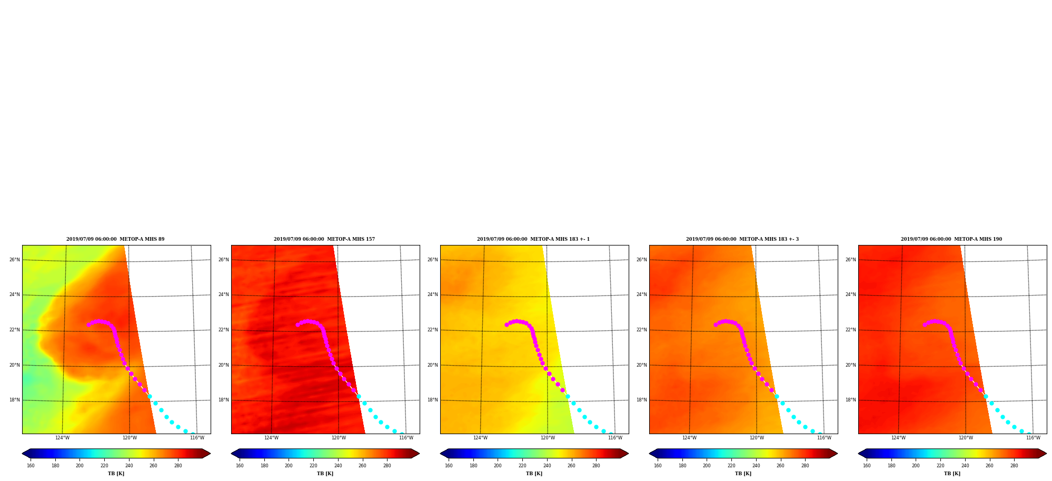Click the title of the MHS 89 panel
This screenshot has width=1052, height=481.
(115, 239)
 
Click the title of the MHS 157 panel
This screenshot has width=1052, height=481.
(324, 239)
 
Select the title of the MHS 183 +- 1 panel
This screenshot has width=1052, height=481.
(533, 239)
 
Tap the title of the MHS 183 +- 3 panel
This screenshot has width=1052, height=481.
(742, 239)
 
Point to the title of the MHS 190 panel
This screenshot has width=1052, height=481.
(951, 239)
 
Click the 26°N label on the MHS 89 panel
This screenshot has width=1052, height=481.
(14, 260)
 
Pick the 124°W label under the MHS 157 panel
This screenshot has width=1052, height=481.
(271, 438)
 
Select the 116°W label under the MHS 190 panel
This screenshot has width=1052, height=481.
(1033, 438)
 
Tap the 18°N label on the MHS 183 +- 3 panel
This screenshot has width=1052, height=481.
(641, 400)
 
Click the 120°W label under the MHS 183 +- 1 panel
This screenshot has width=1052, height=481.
(548, 438)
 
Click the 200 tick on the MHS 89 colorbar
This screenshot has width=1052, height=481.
(80, 466)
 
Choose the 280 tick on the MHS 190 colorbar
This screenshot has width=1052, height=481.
(1014, 466)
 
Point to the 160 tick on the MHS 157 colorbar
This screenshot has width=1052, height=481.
(240, 466)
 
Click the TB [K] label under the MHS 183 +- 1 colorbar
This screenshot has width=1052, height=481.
(534, 474)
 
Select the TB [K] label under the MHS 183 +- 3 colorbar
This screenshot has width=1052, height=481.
(743, 474)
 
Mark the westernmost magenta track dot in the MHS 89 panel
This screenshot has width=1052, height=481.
(88, 325)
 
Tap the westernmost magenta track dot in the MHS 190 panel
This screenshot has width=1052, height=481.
(925, 325)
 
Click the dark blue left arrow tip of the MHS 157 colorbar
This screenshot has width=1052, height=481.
(232, 454)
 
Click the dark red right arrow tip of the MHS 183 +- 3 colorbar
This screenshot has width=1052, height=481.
(837, 454)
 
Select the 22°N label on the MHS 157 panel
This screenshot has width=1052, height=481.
(223, 330)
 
